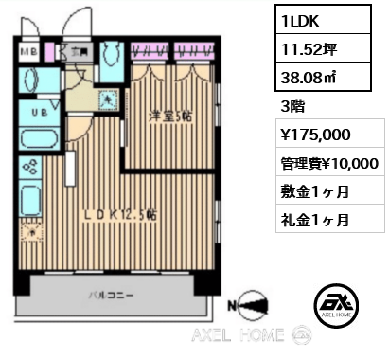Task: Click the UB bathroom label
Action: [x=37, y=112]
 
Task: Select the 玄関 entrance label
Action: [x=81, y=52]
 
